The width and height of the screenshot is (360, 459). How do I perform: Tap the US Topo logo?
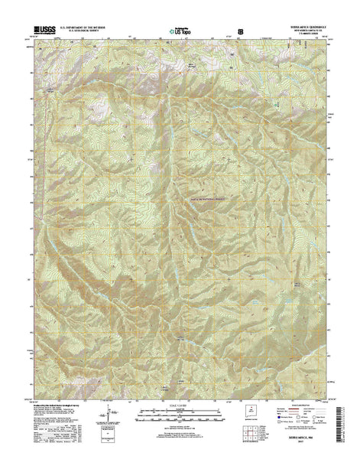180,32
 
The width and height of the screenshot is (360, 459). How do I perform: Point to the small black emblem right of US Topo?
242,31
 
